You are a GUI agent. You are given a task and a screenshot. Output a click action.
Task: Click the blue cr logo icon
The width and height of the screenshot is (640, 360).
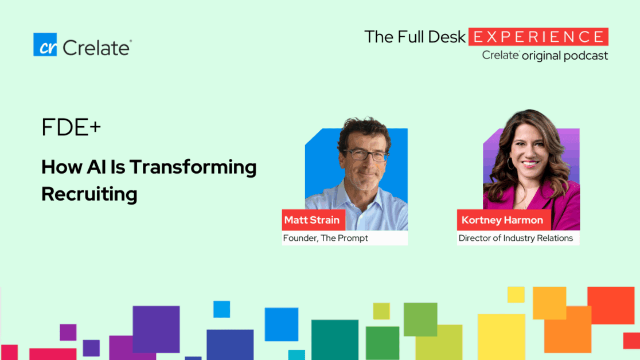click(x=45, y=45)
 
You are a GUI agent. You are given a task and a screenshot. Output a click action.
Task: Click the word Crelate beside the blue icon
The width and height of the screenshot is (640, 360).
click(x=97, y=47)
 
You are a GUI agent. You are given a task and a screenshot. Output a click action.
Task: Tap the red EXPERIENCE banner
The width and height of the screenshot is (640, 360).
click(x=538, y=37)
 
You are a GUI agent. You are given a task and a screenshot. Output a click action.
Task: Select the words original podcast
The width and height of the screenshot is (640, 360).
click(x=565, y=56)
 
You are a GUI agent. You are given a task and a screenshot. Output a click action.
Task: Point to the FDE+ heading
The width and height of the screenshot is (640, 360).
click(x=71, y=128)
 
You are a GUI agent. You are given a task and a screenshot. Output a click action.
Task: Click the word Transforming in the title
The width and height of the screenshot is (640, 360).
click(x=193, y=167)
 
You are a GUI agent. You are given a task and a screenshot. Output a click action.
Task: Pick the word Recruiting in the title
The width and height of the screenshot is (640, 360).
click(x=89, y=194)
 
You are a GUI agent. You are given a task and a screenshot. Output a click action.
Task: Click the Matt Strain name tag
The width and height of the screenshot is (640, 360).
click(x=312, y=220)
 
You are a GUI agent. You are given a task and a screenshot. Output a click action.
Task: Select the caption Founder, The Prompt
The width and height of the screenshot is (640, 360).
click(x=326, y=238)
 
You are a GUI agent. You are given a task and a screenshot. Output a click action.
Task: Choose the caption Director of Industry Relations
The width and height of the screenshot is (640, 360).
click(x=516, y=238)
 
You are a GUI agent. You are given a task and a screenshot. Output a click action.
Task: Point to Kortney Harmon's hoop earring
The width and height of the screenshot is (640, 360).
click(x=510, y=164)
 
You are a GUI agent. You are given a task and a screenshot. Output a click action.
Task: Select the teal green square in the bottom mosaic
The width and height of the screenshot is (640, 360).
click(x=334, y=339)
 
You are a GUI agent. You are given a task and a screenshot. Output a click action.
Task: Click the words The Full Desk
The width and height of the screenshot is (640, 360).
click(x=415, y=37)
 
